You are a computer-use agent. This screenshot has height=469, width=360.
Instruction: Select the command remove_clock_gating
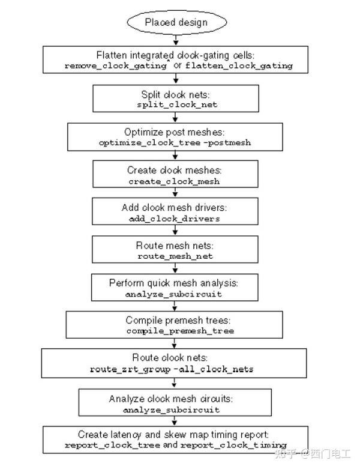point(115,65)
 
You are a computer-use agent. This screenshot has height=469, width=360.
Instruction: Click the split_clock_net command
point(173,104)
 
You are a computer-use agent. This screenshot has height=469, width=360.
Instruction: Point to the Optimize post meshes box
point(173,136)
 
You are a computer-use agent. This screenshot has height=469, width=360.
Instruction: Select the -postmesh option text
point(230,143)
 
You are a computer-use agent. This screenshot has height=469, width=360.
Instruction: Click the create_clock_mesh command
point(173,181)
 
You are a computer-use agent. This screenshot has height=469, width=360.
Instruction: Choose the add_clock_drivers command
point(173,219)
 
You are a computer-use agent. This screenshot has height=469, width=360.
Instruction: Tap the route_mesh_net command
point(173,256)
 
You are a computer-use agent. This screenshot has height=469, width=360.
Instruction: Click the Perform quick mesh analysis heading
point(173,282)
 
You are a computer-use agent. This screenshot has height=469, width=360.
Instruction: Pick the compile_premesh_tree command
point(173,331)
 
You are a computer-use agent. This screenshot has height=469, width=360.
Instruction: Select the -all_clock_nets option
point(213,369)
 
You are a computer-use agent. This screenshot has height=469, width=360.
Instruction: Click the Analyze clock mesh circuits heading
point(173,398)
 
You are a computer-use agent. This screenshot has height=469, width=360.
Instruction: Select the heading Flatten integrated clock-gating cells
point(173,54)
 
